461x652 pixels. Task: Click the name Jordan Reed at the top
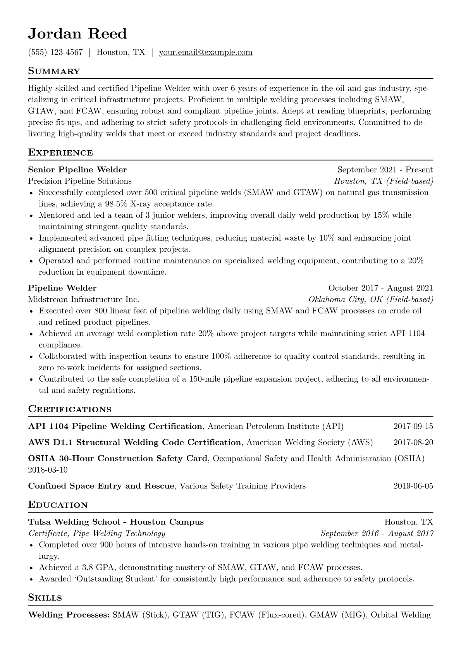77,34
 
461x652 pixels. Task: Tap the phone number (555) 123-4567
55,52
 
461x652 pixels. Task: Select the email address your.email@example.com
206,52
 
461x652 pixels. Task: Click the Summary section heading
54,71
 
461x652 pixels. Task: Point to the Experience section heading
60,153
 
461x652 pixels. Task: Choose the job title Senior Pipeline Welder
77,170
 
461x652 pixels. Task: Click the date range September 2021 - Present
385,170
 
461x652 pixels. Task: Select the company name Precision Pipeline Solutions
80,181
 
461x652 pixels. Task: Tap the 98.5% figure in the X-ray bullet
116,204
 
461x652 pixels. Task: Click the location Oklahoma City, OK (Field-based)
371,299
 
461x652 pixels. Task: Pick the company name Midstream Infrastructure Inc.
84,299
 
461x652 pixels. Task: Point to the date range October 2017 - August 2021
380,288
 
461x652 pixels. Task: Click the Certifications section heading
70,409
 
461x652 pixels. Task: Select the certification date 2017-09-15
413,427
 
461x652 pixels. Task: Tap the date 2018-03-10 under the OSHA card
48,470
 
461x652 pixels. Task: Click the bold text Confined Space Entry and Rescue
101,486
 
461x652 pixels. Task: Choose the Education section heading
58,505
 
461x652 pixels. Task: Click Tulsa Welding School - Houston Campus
116,522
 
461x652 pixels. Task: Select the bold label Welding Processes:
69,615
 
